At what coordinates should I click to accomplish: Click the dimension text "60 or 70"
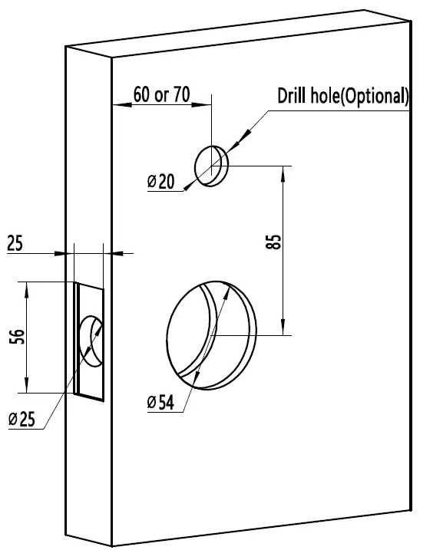coord(160,94)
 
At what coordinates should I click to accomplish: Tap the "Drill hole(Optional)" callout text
coord(343,96)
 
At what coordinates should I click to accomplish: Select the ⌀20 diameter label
coord(161,182)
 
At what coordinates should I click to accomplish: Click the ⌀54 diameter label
coord(161,402)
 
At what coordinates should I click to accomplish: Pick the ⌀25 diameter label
coord(23,419)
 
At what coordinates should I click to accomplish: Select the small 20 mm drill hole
coord(211,164)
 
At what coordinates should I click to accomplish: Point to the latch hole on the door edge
coord(91,340)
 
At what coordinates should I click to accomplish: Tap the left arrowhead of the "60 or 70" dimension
coord(118,105)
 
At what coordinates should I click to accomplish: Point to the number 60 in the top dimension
coord(141,94)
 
